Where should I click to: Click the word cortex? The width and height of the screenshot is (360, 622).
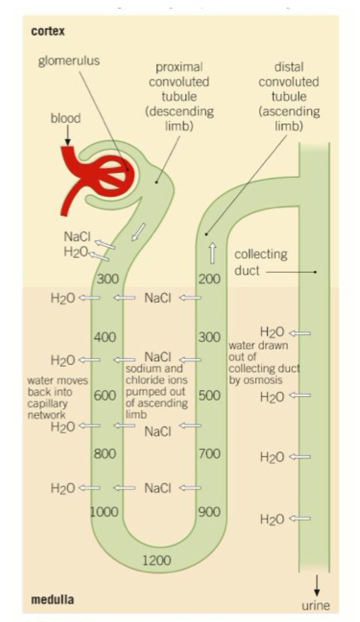48,31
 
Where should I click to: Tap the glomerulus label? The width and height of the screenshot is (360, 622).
69,61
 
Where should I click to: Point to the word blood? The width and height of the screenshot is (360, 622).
66,118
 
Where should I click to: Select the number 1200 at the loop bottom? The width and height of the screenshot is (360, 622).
157,561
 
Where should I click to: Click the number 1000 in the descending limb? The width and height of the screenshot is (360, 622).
105,512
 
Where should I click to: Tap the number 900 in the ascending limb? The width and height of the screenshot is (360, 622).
209,512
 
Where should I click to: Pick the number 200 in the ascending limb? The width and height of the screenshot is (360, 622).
209,279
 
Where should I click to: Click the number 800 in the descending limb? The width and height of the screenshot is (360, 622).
105,454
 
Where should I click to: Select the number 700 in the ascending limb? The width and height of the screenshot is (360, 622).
209,454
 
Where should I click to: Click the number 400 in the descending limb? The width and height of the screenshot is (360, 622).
105,337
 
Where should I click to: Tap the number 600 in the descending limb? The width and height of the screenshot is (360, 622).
105,395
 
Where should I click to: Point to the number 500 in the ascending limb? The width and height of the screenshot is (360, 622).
209,395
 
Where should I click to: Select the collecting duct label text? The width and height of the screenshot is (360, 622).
260,263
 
